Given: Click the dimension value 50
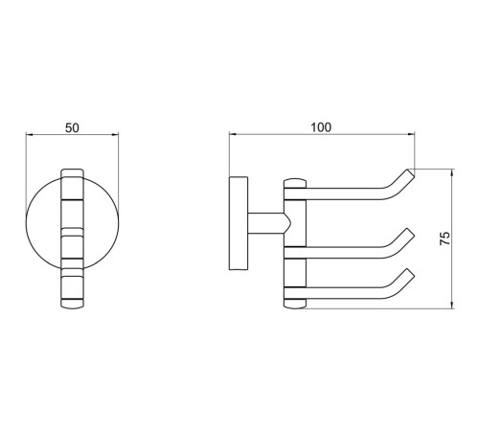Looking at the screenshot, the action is coord(72,128).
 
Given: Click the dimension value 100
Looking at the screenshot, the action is coord(321,127).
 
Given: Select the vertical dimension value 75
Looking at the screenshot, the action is coord(445,238).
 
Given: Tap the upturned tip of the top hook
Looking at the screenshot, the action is coord(411,173).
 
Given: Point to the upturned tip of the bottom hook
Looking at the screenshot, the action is coord(411,273).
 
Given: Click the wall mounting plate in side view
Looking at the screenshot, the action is coord(239,223).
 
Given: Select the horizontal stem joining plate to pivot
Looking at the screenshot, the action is coord(266,223).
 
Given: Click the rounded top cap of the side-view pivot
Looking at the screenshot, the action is coord(295,183).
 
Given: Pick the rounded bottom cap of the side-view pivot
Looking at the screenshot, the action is coord(295,304).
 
